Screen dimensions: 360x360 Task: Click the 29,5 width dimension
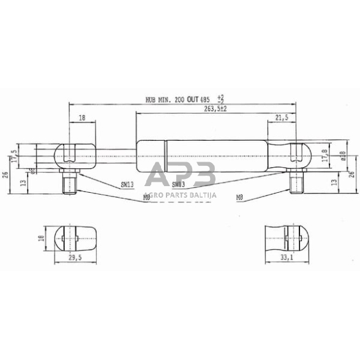pyautogui.click(x=76, y=258)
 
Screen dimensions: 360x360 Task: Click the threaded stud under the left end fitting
pyautogui.click(x=69, y=182)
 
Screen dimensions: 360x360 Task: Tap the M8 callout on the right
pyautogui.click(x=239, y=197)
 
